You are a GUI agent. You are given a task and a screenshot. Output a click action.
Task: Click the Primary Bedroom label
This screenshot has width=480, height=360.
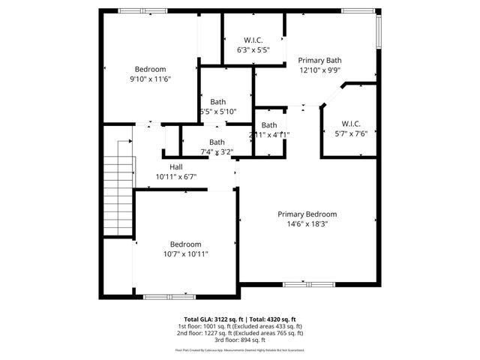pyautogui.click(x=307, y=214)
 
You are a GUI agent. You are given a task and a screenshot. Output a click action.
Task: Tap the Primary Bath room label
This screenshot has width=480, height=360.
pyautogui.click(x=320, y=60)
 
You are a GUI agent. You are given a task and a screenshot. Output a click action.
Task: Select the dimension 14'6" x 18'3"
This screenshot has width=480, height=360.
pyautogui.click(x=307, y=223)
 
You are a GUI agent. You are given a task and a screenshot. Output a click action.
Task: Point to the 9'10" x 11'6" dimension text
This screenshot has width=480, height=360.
pyautogui.click(x=151, y=79)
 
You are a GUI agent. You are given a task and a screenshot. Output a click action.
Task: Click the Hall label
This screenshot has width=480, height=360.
pyautogui.click(x=175, y=166)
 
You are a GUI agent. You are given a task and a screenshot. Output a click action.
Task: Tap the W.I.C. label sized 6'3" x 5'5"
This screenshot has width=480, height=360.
pyautogui.click(x=253, y=40)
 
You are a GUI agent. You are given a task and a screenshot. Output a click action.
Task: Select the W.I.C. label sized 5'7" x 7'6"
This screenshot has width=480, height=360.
pyautogui.click(x=351, y=124)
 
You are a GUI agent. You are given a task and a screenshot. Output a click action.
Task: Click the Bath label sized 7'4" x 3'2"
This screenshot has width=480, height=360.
pyautogui.click(x=217, y=142)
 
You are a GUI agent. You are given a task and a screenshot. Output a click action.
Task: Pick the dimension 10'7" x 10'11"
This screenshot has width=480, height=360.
pyautogui.click(x=185, y=254)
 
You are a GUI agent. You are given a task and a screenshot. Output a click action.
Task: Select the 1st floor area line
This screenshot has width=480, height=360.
pyautogui.click(x=240, y=325)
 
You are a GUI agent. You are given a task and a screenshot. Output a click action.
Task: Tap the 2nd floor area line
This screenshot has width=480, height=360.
pyautogui.click(x=240, y=332)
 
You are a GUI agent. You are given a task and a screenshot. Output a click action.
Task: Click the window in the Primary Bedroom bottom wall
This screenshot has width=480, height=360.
pyautogui.click(x=305, y=284)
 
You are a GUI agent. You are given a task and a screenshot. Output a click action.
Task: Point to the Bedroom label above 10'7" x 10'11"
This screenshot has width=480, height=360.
pyautogui.click(x=185, y=244)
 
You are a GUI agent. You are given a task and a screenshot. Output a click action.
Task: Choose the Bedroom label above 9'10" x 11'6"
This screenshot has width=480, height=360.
pyautogui.click(x=150, y=69)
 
